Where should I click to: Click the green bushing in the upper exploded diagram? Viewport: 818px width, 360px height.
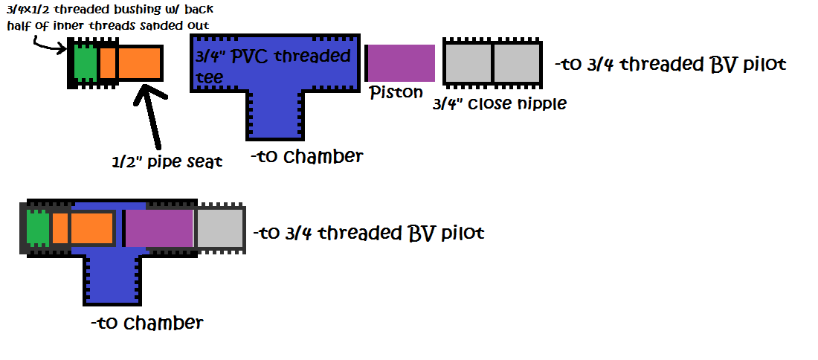(86, 63)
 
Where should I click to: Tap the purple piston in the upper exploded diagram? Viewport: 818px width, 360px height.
(401, 63)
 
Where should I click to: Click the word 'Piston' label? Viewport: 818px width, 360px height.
(396, 92)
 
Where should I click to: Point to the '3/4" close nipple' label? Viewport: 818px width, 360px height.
(499, 103)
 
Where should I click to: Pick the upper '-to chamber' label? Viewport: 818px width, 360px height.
(306, 156)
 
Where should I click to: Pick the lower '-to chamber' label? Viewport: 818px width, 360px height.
(146, 323)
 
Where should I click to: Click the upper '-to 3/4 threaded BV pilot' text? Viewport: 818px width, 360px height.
(670, 65)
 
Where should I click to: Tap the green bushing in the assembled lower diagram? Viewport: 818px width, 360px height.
(37, 228)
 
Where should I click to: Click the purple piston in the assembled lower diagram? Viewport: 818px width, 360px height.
(159, 228)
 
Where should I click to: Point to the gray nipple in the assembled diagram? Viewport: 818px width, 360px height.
(219, 228)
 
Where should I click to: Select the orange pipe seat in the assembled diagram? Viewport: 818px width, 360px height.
(91, 228)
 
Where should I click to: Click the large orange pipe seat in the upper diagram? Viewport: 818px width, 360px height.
(140, 63)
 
